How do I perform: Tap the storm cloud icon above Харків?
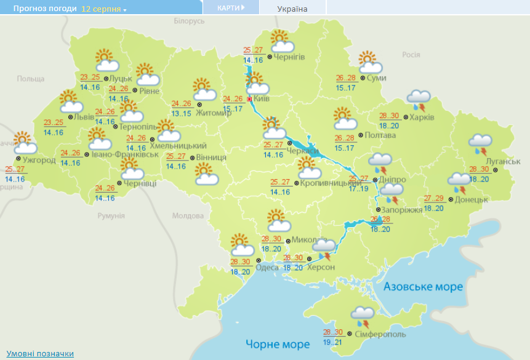pyautogui.click(x=419, y=98)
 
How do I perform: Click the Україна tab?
pyautogui.click(x=292, y=9)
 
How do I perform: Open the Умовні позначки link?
pyautogui.click(x=40, y=353)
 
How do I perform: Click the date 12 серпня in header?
pyautogui.click(x=101, y=9)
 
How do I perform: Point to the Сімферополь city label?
pyautogui.click(x=380, y=334)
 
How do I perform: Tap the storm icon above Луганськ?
pyautogui.click(x=480, y=143)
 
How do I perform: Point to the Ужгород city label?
pyautogui.click(x=39, y=160)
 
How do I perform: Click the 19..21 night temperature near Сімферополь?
pyautogui.click(x=332, y=342)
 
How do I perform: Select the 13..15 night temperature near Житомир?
pyautogui.click(x=181, y=113)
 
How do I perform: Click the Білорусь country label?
pyautogui.click(x=188, y=22)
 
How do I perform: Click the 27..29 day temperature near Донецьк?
pyautogui.click(x=434, y=198)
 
